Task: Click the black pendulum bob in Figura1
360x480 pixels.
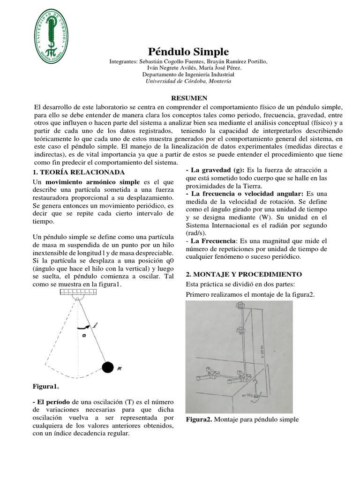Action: (x=108, y=367)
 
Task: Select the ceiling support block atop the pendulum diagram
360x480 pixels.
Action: (x=78, y=292)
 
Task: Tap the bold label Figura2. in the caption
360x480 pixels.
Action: (x=199, y=420)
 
